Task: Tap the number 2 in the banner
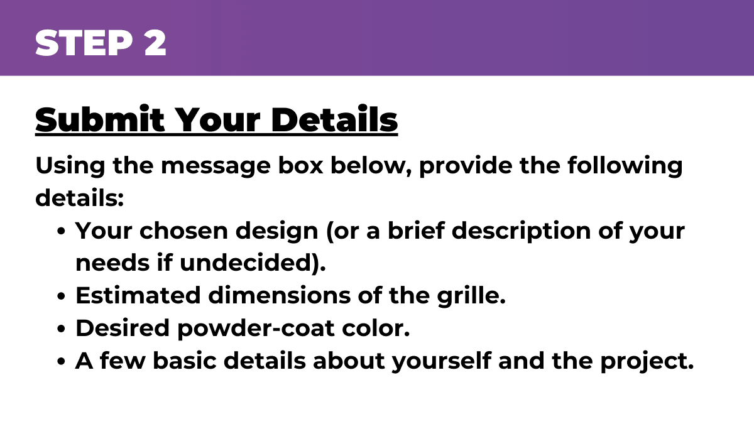(156, 43)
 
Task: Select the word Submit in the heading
(100, 119)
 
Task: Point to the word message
(216, 166)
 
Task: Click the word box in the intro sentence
(300, 165)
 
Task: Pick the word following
(625, 166)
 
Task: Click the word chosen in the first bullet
(183, 231)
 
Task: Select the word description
(521, 232)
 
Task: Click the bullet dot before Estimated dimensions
(61, 296)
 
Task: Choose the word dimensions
(280, 295)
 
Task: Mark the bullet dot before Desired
(61, 329)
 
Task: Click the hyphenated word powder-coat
(256, 329)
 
